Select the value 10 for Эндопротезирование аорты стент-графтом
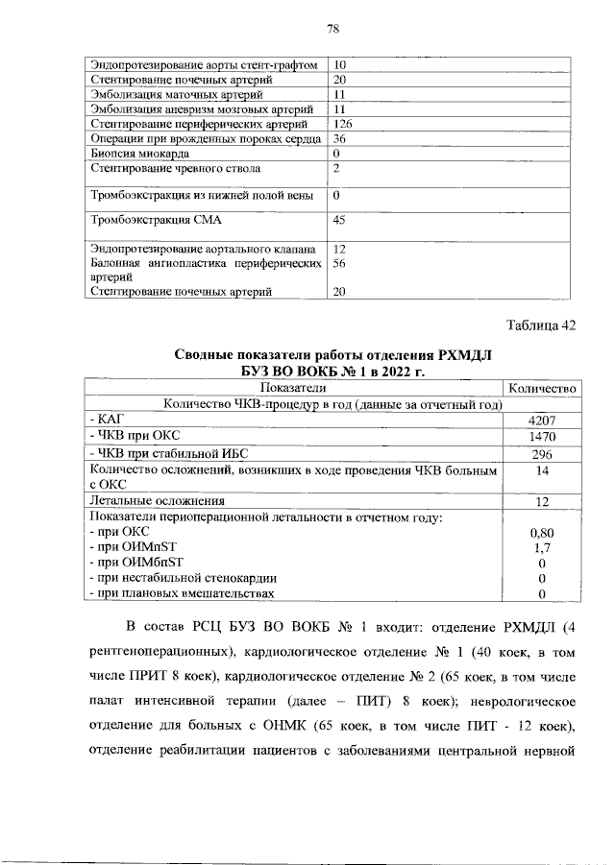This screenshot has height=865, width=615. coord(339,64)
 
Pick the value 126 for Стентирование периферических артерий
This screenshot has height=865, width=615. coord(343,124)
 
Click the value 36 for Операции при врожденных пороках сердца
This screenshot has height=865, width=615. coord(339,138)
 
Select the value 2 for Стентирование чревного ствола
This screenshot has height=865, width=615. coord(336,169)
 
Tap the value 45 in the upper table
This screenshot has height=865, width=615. coord(339,220)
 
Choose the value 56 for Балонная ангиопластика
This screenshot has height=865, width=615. coord(339,261)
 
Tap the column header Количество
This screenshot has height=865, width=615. coord(541,388)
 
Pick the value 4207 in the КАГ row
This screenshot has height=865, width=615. coord(541,420)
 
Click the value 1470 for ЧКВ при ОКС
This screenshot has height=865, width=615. coord(541,437)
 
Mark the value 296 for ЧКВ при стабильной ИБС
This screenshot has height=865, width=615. coord(541,453)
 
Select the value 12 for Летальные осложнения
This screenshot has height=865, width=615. coord(541,501)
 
